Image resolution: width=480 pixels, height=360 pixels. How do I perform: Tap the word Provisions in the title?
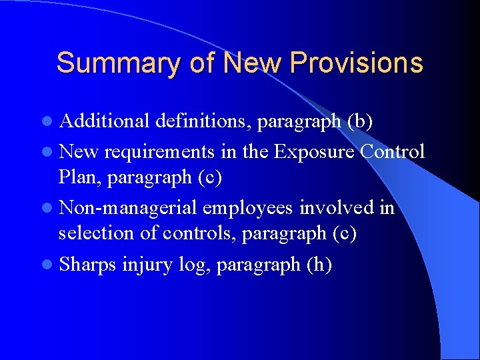click(357, 63)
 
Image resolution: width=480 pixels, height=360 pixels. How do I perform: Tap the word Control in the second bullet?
click(392, 151)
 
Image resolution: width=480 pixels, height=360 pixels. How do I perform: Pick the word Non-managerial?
click(128, 208)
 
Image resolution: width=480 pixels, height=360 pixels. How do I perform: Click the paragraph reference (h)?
click(319, 265)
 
